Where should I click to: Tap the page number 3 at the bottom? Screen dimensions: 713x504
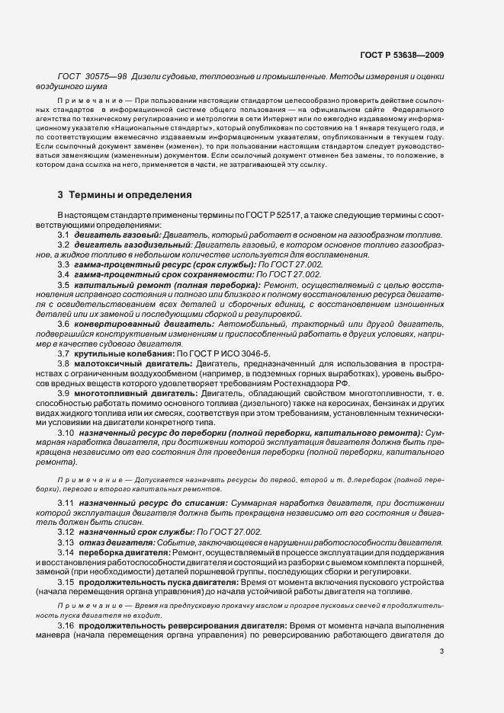[441, 651]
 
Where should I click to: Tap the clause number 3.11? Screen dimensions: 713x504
[65, 504]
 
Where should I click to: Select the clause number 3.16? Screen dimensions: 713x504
[65, 625]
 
